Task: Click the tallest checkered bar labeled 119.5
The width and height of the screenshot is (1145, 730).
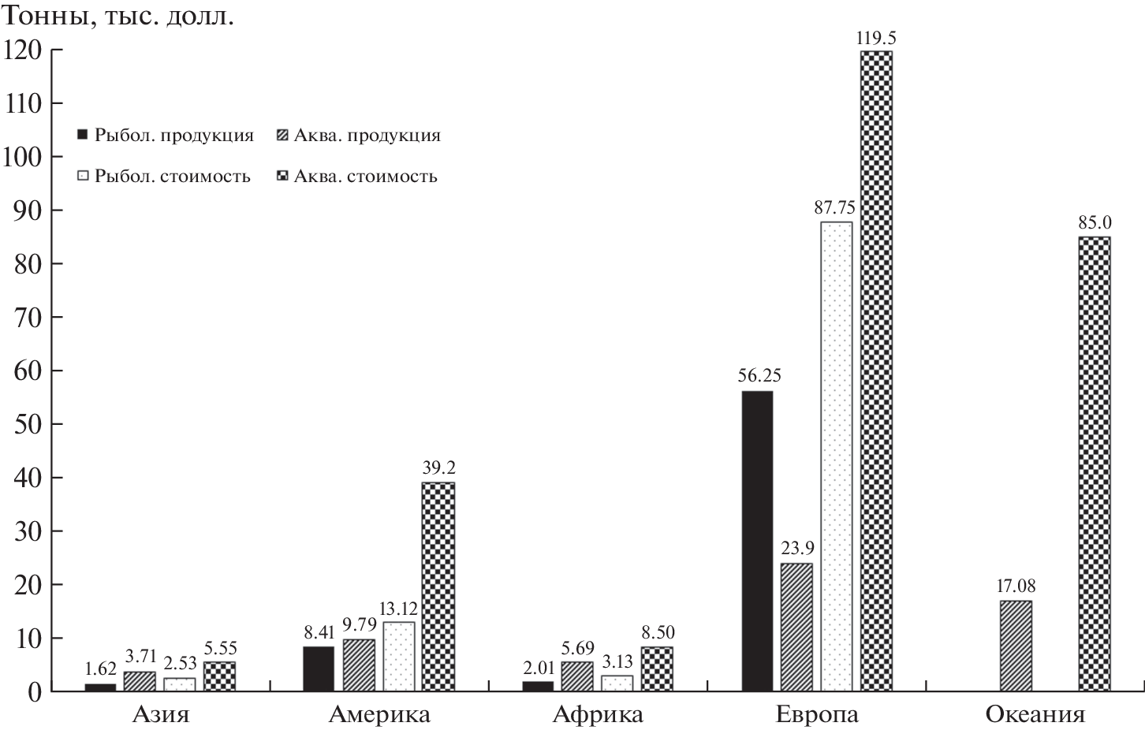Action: click(x=876, y=371)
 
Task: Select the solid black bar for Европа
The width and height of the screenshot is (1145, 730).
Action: click(x=757, y=541)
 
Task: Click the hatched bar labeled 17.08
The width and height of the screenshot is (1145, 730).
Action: click(x=1016, y=646)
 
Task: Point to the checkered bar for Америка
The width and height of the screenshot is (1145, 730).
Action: click(x=438, y=587)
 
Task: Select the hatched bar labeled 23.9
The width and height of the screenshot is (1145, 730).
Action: click(x=796, y=627)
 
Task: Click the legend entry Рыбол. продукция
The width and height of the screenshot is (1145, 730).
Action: click(x=166, y=135)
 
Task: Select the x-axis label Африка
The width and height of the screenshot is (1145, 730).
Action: click(x=598, y=715)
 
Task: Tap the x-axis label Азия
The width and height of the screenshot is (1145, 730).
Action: click(x=161, y=715)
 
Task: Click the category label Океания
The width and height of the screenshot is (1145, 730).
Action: click(x=1035, y=715)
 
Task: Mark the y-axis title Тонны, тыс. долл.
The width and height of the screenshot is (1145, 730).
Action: click(x=118, y=17)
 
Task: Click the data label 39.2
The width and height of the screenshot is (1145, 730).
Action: click(x=438, y=468)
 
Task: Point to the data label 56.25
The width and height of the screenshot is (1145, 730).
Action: click(x=759, y=376)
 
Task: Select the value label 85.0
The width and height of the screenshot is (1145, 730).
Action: click(x=1095, y=223)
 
